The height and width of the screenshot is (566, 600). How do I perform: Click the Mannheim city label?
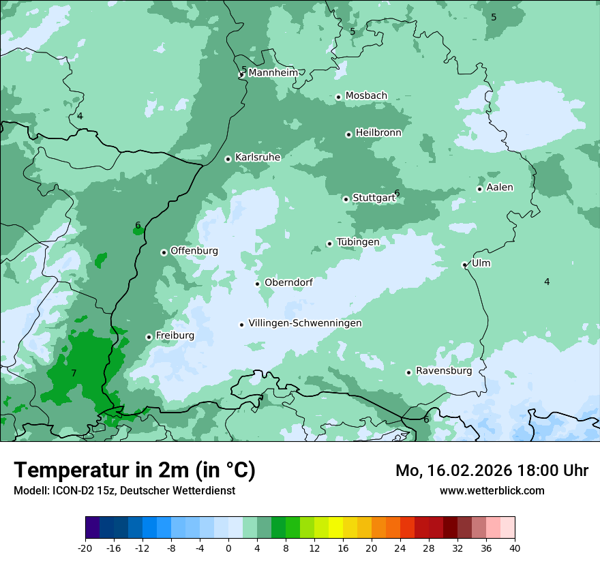click(273, 72)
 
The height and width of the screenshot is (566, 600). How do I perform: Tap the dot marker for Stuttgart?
click(346, 199)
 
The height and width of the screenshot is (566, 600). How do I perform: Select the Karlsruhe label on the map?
click(258, 158)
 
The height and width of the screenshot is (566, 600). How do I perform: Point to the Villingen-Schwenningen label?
click(305, 323)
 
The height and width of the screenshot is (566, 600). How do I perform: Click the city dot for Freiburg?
click(149, 337)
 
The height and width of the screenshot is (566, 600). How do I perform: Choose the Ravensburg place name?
click(443, 371)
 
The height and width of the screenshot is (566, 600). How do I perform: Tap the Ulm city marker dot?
click(464, 265)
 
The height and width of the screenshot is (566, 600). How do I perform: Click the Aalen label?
click(500, 188)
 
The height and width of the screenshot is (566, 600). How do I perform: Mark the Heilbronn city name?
click(378, 133)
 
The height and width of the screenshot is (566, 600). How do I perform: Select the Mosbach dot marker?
click(338, 97)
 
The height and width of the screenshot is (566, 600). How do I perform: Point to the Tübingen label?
click(357, 242)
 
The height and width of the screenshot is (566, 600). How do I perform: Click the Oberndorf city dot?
click(257, 284)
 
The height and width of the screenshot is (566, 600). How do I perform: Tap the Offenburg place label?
click(194, 251)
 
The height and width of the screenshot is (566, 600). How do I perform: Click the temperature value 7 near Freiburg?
click(74, 373)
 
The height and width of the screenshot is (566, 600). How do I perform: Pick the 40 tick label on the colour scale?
click(514, 548)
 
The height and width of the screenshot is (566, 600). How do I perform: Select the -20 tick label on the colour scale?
click(85, 548)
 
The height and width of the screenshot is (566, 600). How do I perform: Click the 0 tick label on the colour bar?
click(228, 548)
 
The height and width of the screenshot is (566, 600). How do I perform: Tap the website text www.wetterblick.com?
click(492, 490)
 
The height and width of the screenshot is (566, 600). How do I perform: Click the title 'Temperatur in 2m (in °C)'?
click(134, 470)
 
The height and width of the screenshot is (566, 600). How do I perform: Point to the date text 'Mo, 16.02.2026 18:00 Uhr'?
click(492, 471)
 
